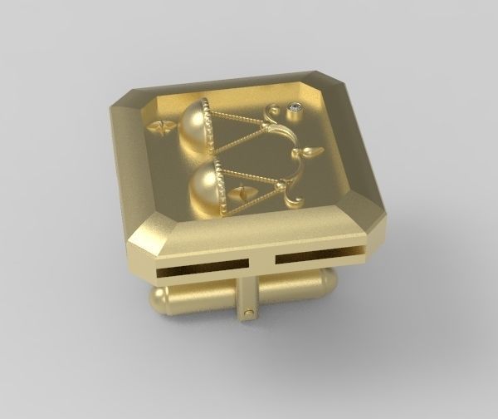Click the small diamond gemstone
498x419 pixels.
pyautogui.click(x=295, y=106)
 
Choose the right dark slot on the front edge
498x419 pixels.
pyautogui.click(x=320, y=259)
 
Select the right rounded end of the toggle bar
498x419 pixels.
pyautogui.click(x=330, y=283)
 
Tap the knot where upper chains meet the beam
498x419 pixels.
pyautogui.click(x=266, y=126)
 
